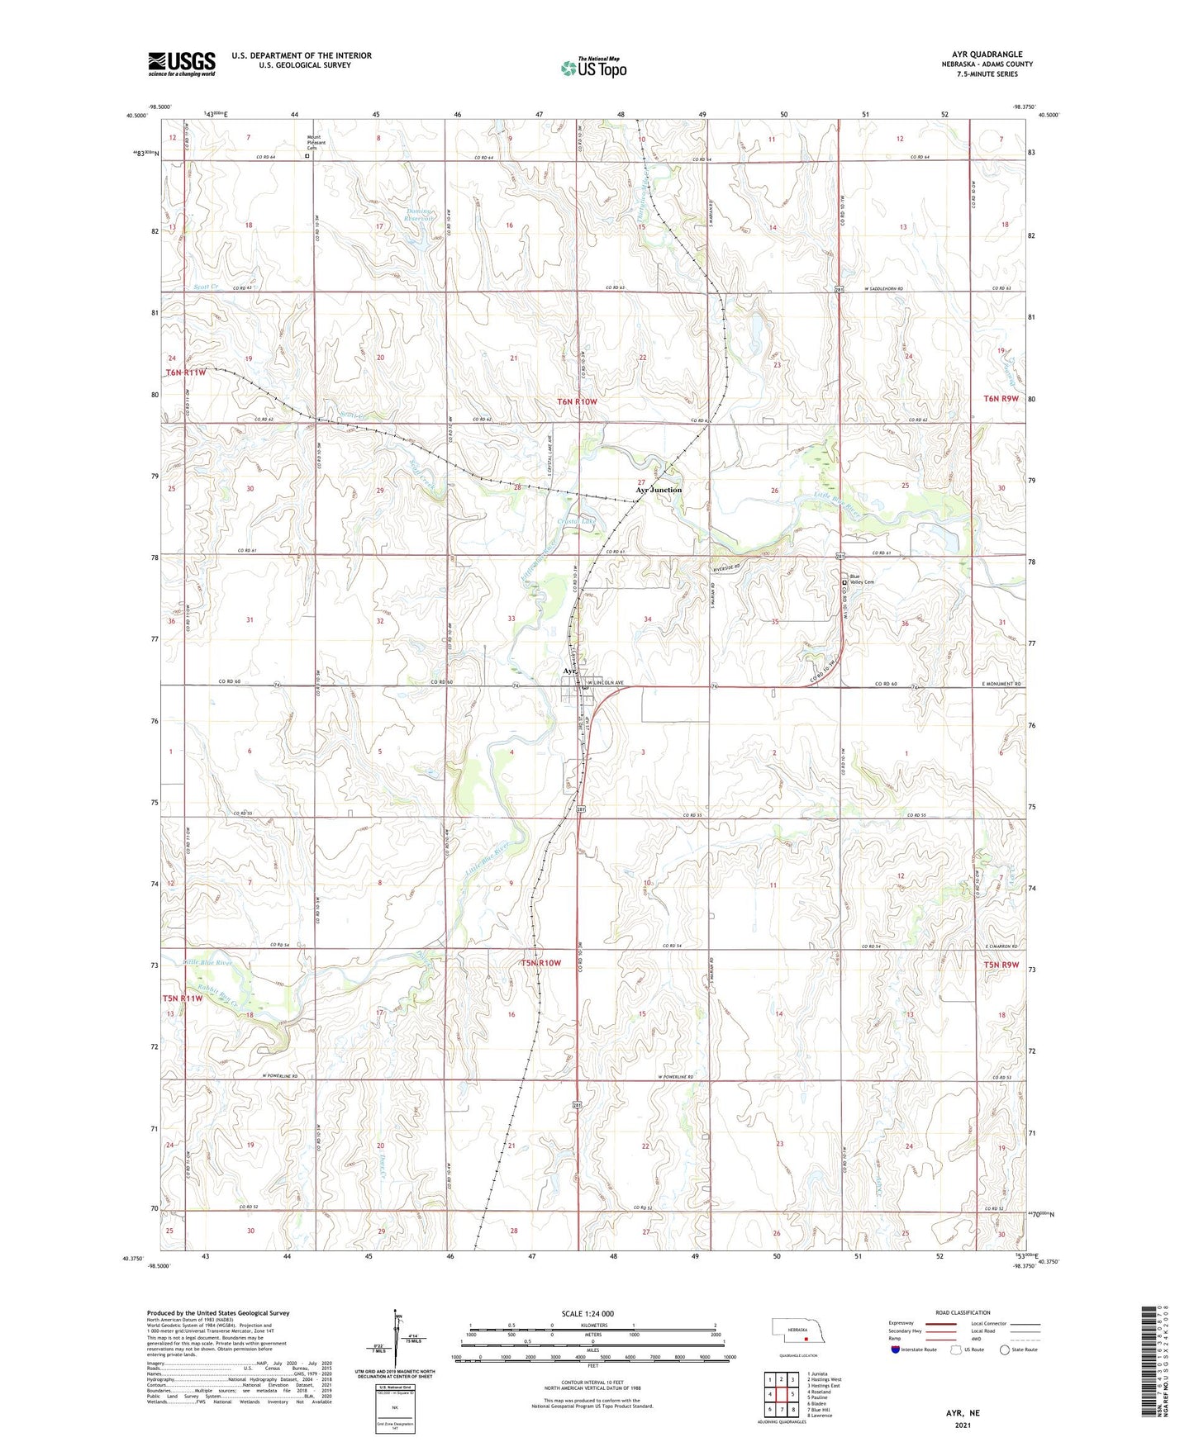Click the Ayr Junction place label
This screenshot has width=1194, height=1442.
tap(659, 490)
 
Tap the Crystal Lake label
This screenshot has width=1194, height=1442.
tap(577, 521)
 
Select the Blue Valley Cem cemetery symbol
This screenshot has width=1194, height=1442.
tap(844, 583)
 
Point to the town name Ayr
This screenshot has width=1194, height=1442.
tap(569, 671)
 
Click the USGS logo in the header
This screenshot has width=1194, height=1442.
tap(182, 64)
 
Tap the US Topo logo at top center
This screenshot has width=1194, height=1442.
tap(592, 68)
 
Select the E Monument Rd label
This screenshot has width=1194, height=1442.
tap(1001, 685)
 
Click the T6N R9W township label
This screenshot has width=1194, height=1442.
tap(1001, 399)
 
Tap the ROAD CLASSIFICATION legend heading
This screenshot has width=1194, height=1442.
tap(963, 1312)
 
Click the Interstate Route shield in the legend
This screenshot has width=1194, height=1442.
tap(897, 1350)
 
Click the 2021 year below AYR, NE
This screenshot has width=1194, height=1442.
tap(963, 1425)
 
